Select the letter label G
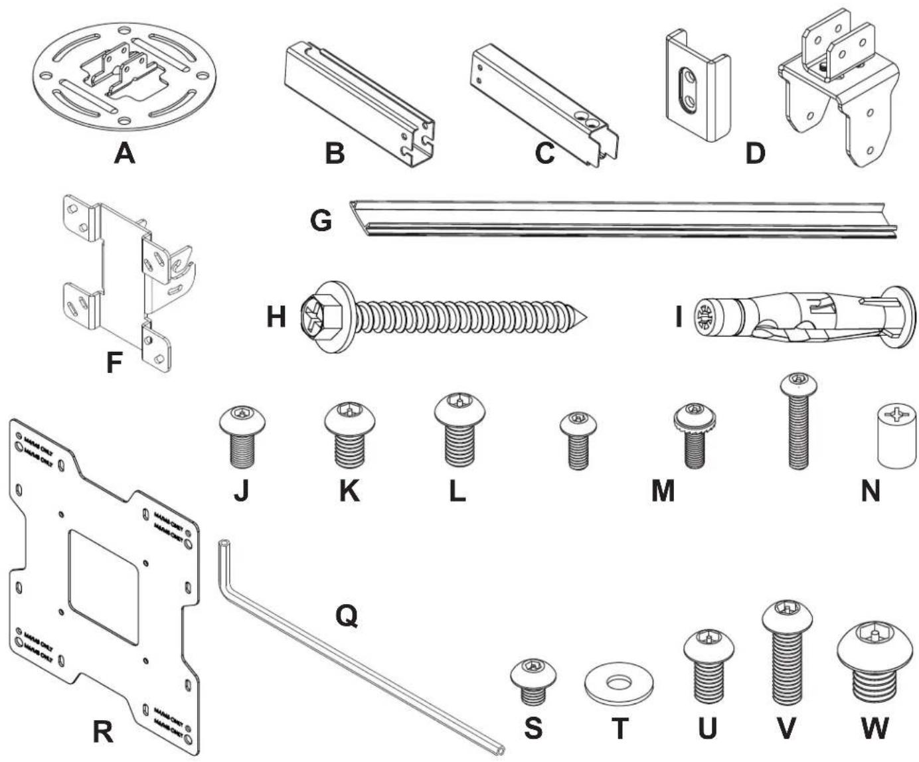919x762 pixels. pos(321,220)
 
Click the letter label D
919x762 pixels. pos(755,153)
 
